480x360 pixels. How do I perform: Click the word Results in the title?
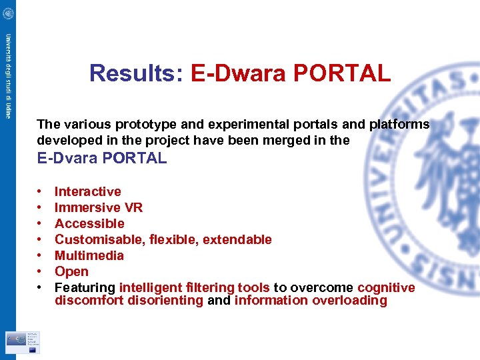131,73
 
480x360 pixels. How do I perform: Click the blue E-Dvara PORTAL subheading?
102,158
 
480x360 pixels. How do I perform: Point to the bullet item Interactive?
87,191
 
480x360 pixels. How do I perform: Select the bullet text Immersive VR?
99,207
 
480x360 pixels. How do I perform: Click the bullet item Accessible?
89,223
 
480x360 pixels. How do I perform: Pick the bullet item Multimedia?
89,255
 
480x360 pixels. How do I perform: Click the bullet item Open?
71,271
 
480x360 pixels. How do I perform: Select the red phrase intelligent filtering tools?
195,287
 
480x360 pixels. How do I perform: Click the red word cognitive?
386,287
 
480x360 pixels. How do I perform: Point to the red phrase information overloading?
311,301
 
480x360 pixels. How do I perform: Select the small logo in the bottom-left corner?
22,343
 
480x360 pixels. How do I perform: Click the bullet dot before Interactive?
41,192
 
